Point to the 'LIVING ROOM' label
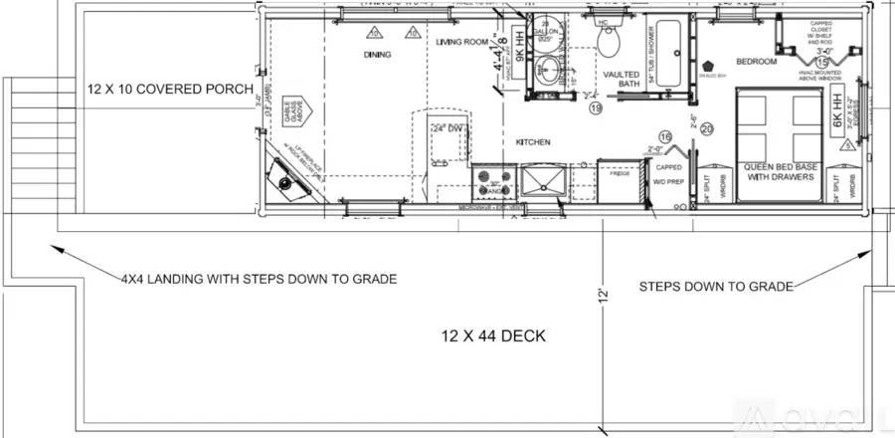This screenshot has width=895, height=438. point(462,42)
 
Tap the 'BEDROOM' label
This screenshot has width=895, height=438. point(756,61)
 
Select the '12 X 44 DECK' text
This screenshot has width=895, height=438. point(493,335)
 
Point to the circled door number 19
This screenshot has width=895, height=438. point(596,108)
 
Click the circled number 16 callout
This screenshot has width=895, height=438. point(666,136)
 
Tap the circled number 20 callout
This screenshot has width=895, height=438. point(707,128)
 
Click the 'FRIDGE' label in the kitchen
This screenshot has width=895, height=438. point(620,174)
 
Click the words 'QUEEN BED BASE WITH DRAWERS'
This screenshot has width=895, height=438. point(781,171)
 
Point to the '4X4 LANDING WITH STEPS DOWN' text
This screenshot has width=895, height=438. point(259,279)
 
